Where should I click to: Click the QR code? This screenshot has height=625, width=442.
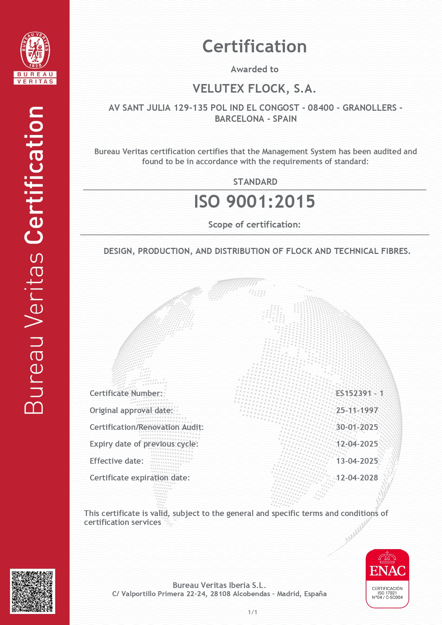pyautogui.click(x=32, y=591)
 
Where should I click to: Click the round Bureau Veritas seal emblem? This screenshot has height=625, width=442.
pyautogui.click(x=35, y=51)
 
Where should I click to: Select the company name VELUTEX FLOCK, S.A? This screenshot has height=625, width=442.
pyautogui.click(x=254, y=89)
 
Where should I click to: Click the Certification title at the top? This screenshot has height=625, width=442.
pyautogui.click(x=254, y=47)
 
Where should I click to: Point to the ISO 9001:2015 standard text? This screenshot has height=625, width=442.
pyautogui.click(x=254, y=202)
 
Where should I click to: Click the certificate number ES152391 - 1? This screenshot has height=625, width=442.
pyautogui.click(x=359, y=393)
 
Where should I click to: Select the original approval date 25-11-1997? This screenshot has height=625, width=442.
pyautogui.click(x=357, y=410)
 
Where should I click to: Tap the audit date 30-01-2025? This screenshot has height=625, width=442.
pyautogui.click(x=357, y=427)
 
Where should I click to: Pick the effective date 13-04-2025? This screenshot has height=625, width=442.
pyautogui.click(x=357, y=461)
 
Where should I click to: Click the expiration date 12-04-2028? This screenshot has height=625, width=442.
pyautogui.click(x=357, y=478)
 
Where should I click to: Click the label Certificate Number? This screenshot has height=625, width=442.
pyautogui.click(x=126, y=393)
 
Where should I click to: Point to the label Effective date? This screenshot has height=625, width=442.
pyautogui.click(x=116, y=461)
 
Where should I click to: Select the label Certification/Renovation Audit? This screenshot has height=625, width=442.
pyautogui.click(x=146, y=427)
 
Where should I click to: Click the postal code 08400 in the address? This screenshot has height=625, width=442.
pyautogui.click(x=321, y=108)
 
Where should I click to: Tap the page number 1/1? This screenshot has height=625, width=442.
pyautogui.click(x=253, y=612)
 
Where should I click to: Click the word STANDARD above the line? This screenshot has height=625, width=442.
pyautogui.click(x=255, y=182)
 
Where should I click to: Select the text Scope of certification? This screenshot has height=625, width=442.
pyautogui.click(x=254, y=225)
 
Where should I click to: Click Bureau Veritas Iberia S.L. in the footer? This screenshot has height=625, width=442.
pyautogui.click(x=219, y=585)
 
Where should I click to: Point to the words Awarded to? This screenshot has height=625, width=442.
pyautogui.click(x=254, y=69)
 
